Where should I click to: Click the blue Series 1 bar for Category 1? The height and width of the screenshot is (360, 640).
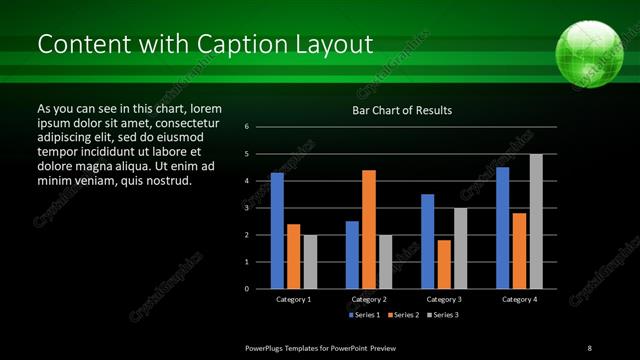coord(277,231)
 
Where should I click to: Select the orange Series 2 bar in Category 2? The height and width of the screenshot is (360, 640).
coord(369,229)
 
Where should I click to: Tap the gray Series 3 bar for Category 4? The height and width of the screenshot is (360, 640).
coord(536,221)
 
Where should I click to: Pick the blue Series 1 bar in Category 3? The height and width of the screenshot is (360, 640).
coord(428,241)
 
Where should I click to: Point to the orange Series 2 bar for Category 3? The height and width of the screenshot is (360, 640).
coord(444,264)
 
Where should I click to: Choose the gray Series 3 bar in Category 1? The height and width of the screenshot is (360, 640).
coord(310,262)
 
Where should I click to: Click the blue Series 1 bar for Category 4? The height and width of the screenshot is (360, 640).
coord(503,228)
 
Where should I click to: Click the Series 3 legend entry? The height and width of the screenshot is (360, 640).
coord(444,315)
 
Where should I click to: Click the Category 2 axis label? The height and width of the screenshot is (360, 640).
coord(369,299)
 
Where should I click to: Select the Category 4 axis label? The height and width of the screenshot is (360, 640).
coord(519,299)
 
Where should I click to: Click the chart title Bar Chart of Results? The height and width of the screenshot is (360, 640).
coord(402,110)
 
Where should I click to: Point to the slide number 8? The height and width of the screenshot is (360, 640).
coord(588,346)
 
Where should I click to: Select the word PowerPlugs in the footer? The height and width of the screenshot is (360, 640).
coord(270,346)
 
